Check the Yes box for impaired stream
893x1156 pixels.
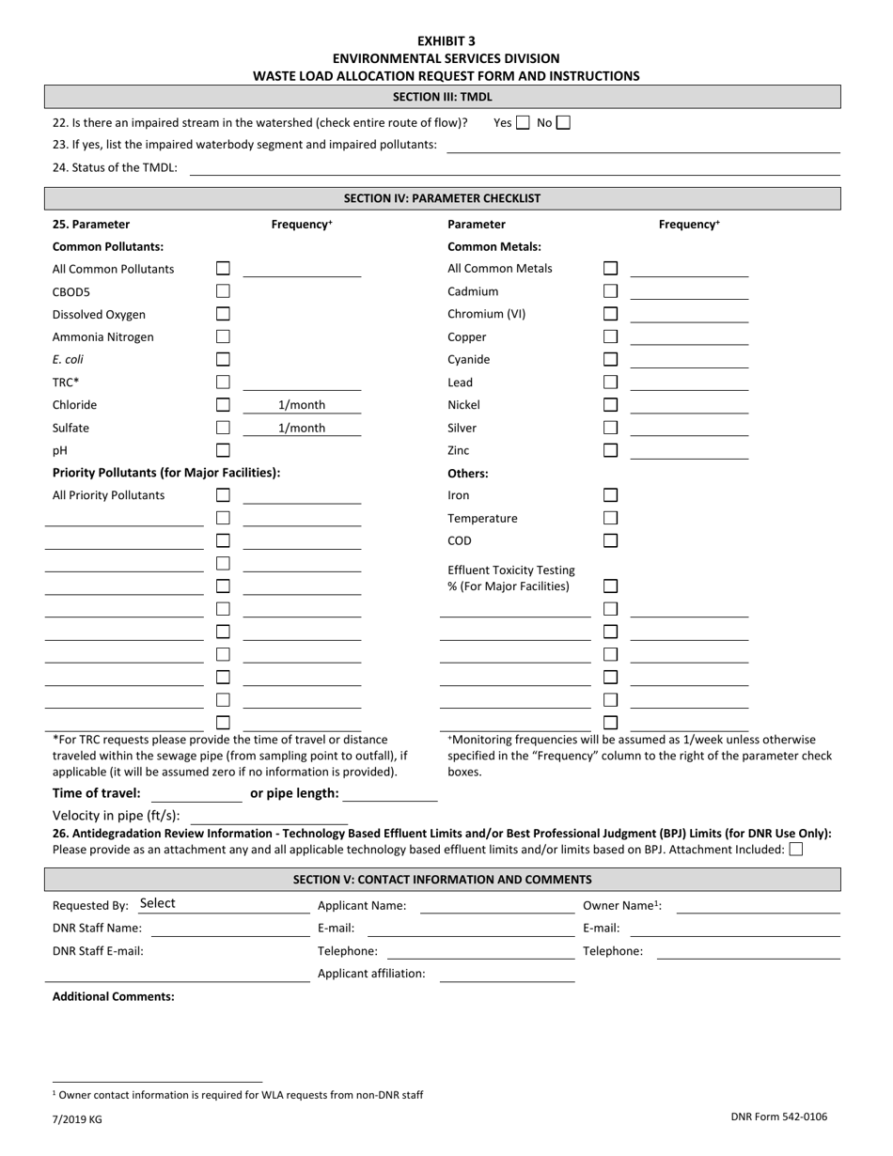pos(524,122)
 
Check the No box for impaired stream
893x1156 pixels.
pos(563,122)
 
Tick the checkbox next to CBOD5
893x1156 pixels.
pos(224,291)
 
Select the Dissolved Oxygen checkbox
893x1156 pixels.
pos(224,314)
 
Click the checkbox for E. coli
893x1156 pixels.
pos(224,359)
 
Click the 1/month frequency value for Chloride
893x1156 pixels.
pos(302,405)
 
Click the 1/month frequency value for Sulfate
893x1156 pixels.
pos(302,428)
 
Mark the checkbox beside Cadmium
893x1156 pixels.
pos(611,291)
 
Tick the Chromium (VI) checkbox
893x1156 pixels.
pos(611,314)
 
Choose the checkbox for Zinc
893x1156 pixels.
pos(611,450)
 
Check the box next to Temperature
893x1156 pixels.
pos(611,518)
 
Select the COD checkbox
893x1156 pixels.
pos(611,540)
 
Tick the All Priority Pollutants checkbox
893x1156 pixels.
pos(224,495)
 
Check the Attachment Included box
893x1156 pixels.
pos(796,850)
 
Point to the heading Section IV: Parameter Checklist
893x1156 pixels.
pos(442,198)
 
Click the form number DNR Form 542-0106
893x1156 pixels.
pos(778,1117)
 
